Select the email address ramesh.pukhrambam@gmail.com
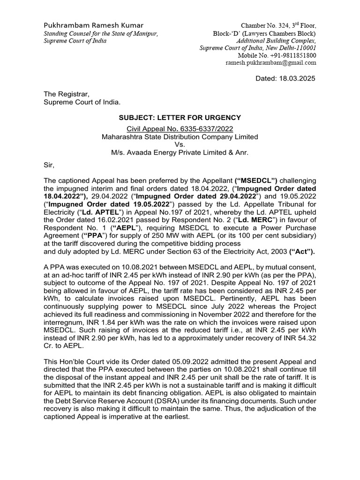pyautogui.click(x=271, y=62)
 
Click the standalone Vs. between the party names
pyautogui.click(x=180, y=145)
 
